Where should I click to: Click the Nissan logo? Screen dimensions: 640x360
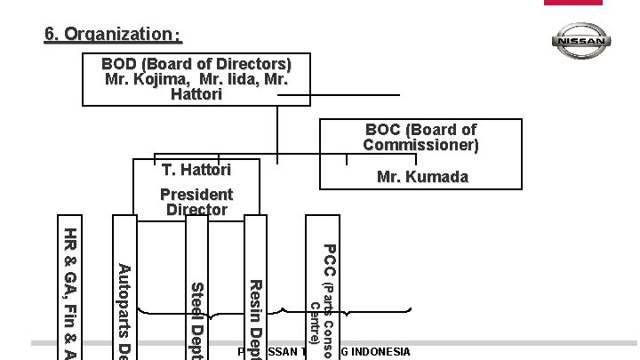[x=581, y=41]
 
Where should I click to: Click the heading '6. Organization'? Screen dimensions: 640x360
[x=113, y=35]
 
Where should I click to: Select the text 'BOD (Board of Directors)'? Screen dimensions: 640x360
[x=196, y=64]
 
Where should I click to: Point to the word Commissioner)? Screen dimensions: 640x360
[x=420, y=144]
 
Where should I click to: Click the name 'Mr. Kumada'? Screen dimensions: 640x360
[x=422, y=178]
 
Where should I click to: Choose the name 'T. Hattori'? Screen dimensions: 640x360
[x=196, y=170]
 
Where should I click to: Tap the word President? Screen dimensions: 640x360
[x=196, y=194]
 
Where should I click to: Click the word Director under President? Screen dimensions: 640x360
[x=196, y=210]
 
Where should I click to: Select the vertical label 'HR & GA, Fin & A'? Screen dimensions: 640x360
[x=70, y=289]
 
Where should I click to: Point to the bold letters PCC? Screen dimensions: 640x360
[x=327, y=260]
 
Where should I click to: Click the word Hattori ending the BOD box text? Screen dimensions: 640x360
[x=196, y=94]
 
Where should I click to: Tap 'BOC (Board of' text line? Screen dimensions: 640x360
[x=420, y=130]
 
